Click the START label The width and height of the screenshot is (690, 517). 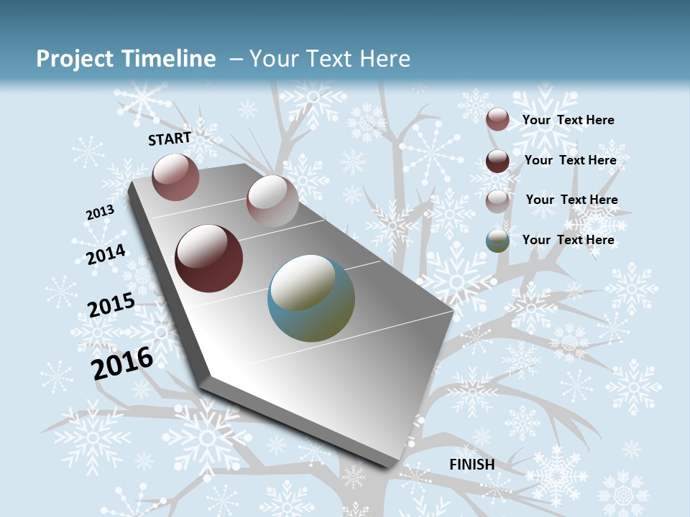(170, 139)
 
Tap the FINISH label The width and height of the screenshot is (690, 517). (471, 465)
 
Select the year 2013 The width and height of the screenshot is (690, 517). (100, 213)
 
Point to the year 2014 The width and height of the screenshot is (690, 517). (106, 254)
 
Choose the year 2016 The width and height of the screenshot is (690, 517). (122, 363)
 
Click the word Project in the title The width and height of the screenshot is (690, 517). (75, 59)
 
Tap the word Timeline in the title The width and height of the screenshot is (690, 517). (168, 59)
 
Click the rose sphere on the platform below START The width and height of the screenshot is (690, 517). (175, 177)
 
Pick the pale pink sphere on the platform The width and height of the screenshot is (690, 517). (272, 200)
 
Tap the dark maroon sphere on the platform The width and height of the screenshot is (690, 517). (209, 258)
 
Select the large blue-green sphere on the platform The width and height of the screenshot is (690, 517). (311, 298)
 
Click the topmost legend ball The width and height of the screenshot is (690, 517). (497, 120)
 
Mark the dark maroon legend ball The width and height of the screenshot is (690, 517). (497, 161)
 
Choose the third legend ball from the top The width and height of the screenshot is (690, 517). (497, 200)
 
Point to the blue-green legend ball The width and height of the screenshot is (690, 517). (497, 241)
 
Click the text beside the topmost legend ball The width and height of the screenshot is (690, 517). (568, 120)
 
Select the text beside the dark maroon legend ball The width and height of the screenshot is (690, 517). (570, 160)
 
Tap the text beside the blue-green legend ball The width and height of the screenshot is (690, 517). (568, 240)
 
